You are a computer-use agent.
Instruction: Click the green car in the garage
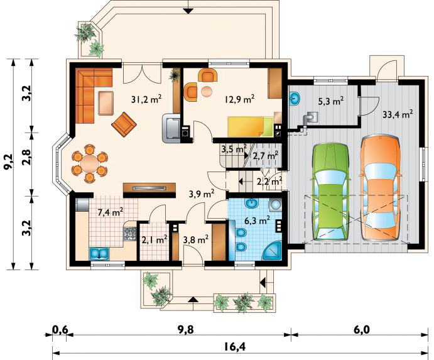(330, 192)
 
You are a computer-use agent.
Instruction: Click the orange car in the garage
(380, 187)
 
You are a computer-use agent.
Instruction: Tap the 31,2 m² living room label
(146, 99)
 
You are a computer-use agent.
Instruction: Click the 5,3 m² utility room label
(331, 101)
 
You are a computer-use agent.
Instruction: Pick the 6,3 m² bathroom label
(258, 221)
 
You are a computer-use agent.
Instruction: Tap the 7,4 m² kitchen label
(111, 212)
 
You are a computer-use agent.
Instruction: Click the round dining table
(90, 163)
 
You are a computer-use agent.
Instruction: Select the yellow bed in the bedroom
(251, 127)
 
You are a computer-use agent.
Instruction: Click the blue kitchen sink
(99, 253)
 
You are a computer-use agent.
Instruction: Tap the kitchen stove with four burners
(130, 234)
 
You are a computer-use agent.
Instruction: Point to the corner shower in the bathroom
(272, 251)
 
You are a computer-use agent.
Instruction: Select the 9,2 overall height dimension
(9, 161)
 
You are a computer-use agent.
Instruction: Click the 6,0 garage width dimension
(361, 330)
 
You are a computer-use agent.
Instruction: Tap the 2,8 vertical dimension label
(27, 162)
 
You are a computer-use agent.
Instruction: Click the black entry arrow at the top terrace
(188, 11)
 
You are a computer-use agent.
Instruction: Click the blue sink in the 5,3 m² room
(295, 99)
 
